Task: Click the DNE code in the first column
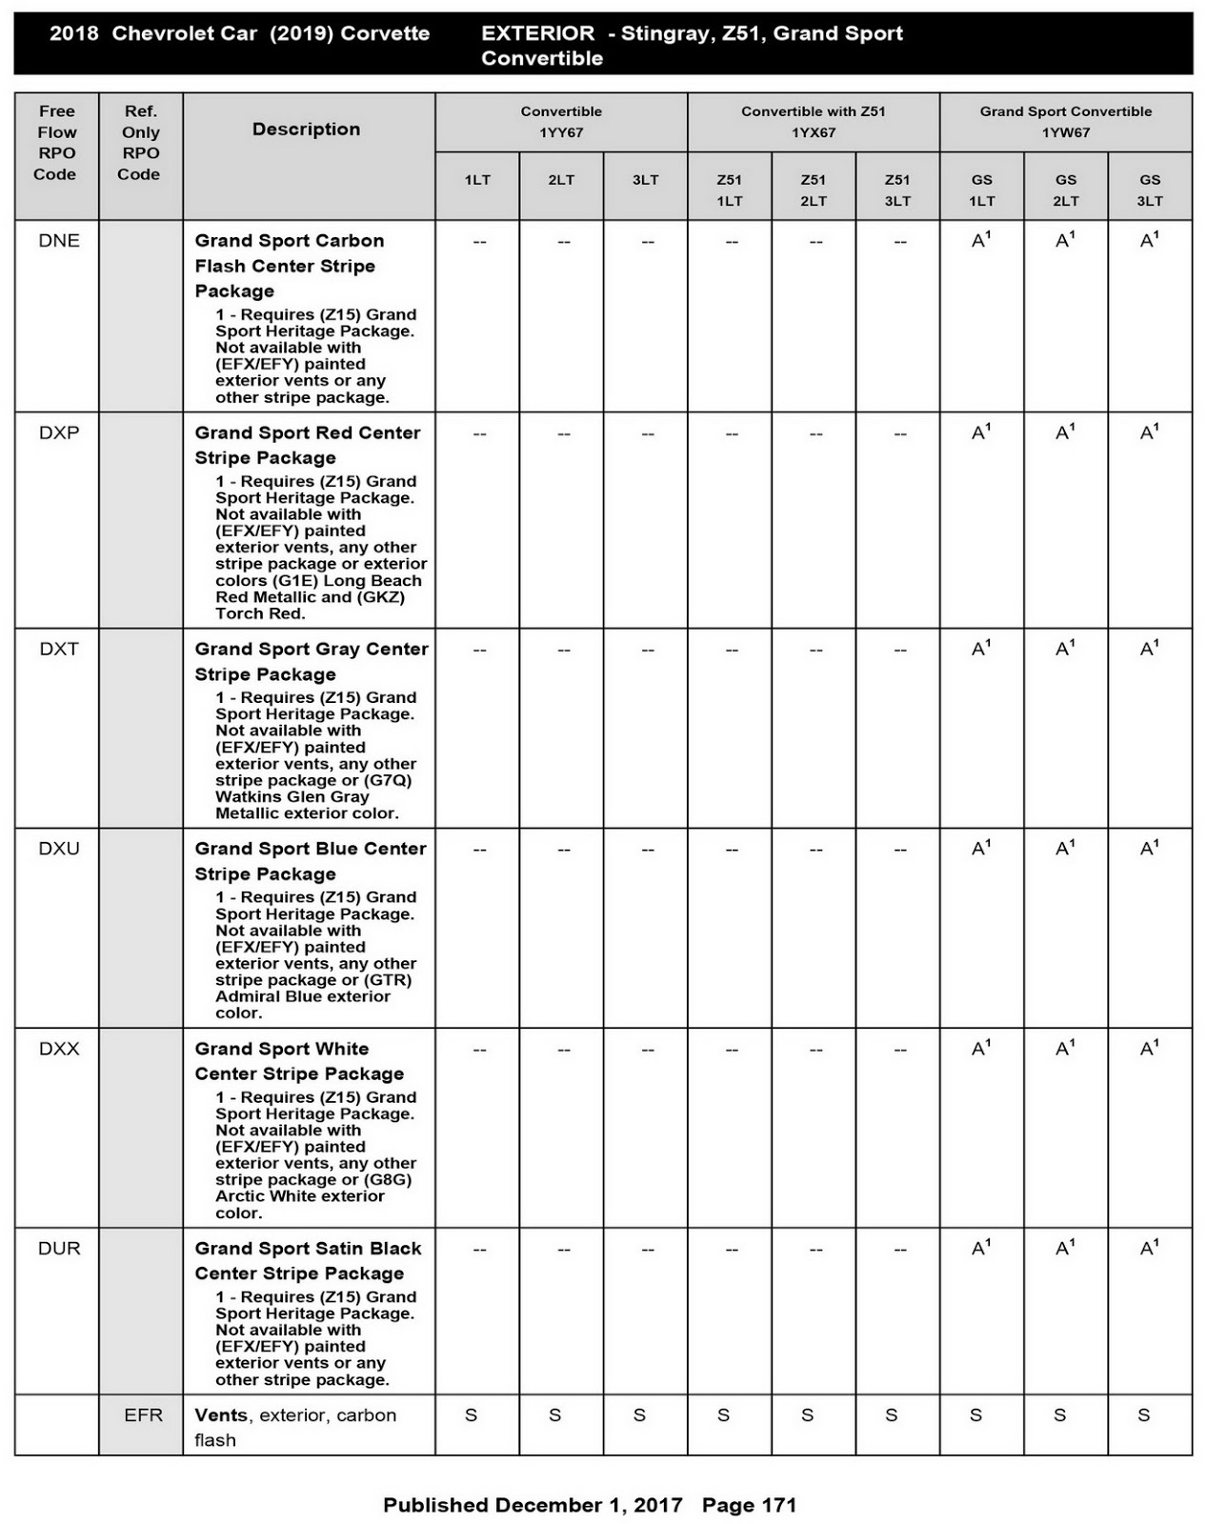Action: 59,241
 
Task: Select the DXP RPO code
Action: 59,432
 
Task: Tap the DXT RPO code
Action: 59,649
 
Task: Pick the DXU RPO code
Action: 59,849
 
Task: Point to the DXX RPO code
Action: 59,1049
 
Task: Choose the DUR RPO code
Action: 59,1249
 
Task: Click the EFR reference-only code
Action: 143,1415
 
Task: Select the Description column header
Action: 306,130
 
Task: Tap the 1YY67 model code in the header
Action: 561,132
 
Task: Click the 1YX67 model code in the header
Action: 814,132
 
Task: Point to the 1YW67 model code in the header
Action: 1065,132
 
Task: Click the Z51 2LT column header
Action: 814,190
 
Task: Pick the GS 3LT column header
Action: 1150,190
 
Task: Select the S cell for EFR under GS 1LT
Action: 976,1415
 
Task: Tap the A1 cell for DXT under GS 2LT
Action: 1065,649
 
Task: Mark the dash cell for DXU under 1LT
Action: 479,850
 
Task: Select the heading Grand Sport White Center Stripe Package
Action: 299,1061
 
